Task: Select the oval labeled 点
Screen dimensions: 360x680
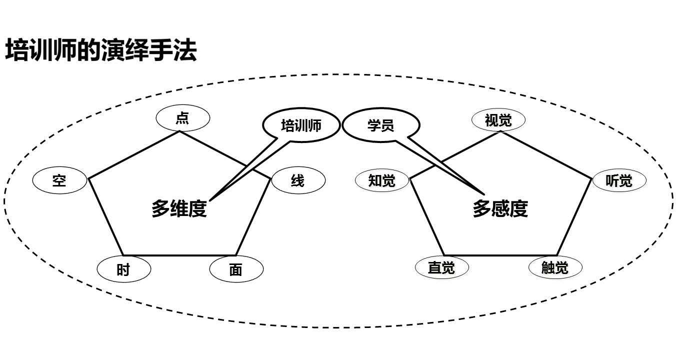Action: pyautogui.click(x=183, y=119)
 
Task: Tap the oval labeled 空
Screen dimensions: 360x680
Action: pyautogui.click(x=59, y=180)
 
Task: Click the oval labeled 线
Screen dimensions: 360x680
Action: pyautogui.click(x=298, y=180)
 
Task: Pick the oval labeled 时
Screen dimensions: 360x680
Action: pyautogui.click(x=123, y=270)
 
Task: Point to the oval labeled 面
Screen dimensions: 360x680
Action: pyautogui.click(x=236, y=270)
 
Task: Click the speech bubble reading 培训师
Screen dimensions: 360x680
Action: pyautogui.click(x=301, y=125)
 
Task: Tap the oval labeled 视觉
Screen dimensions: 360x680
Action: pyautogui.click(x=498, y=120)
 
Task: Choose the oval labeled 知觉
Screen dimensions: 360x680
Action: pyautogui.click(x=382, y=180)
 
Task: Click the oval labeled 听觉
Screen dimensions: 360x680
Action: pyautogui.click(x=619, y=180)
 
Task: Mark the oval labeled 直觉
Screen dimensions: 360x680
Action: pyautogui.click(x=441, y=267)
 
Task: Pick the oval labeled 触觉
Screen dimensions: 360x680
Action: pyautogui.click(x=555, y=267)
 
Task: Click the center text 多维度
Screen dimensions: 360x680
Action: pyautogui.click(x=179, y=209)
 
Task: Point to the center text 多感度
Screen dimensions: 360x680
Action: pyautogui.click(x=500, y=209)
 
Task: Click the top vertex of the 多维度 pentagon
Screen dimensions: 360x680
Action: pyautogui.click(x=179, y=131)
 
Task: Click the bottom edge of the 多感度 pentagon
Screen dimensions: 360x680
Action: pyautogui.click(x=500, y=255)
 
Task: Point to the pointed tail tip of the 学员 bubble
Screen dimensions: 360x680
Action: pyautogui.click(x=484, y=194)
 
